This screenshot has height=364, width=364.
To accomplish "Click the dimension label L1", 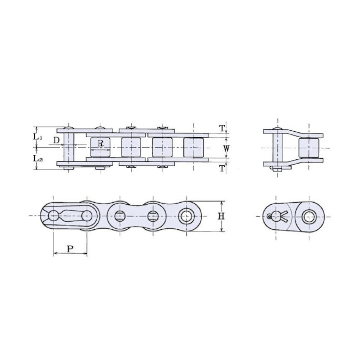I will tap(38, 137).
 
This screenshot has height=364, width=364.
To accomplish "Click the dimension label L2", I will tap(38, 158).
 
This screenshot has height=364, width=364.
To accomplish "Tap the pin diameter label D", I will tap(56, 140).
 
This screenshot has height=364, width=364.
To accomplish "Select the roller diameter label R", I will tap(101, 143).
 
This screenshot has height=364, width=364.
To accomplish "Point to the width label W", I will tap(226, 148).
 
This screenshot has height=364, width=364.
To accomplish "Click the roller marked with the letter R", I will tap(100, 147).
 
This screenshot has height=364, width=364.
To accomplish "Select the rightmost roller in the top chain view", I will tap(194, 147).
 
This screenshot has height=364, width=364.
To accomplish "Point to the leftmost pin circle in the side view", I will tap(54, 216).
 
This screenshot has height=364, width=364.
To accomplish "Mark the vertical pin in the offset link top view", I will tap(278, 149).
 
